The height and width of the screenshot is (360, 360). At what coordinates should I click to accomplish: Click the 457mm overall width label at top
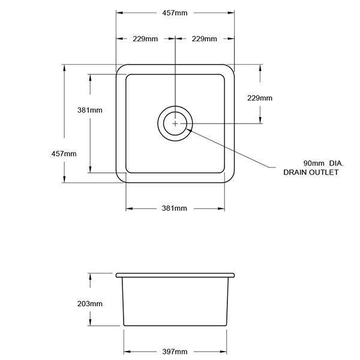(x=175, y=13)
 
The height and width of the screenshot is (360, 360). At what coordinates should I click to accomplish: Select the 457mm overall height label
(x=64, y=154)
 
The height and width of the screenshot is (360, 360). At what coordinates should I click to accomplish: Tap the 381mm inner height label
(x=89, y=110)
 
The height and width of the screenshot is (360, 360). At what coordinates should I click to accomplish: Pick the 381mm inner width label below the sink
(x=175, y=208)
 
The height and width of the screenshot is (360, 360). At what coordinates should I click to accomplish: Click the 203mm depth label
(x=89, y=304)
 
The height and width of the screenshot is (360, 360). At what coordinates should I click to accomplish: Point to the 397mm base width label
(x=175, y=351)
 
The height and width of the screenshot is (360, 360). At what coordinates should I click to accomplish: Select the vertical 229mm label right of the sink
(x=260, y=98)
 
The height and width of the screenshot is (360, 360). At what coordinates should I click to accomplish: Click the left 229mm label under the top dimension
(x=145, y=39)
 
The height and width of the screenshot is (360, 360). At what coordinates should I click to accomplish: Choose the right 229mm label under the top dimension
(x=204, y=39)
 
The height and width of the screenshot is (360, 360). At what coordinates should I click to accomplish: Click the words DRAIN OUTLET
(x=311, y=172)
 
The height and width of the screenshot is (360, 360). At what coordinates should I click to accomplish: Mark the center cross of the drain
(x=175, y=124)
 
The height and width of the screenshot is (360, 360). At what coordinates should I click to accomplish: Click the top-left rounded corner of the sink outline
(x=119, y=67)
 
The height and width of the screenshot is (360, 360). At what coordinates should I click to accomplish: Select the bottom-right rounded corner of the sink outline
(x=230, y=178)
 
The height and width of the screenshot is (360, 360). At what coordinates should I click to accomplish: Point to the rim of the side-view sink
(x=175, y=275)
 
